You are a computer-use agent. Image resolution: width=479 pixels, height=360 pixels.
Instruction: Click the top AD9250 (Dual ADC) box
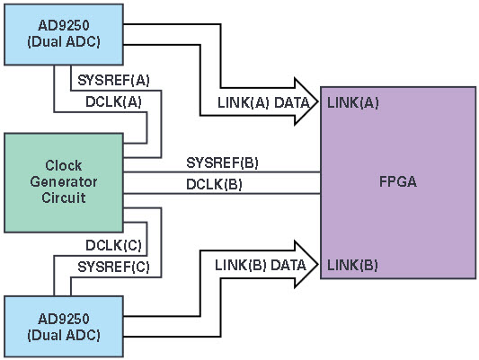coord(64,34)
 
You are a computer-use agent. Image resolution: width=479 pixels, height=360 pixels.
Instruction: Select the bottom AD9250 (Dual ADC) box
coord(64,327)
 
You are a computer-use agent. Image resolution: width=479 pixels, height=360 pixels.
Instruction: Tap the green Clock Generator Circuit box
coord(64,183)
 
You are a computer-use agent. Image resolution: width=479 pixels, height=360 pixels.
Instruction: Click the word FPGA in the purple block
coord(398,181)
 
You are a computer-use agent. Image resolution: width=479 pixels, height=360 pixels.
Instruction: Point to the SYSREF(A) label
coord(113,81)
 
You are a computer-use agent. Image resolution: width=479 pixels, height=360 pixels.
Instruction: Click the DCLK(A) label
coord(113,102)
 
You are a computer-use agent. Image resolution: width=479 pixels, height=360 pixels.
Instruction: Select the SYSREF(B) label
coord(222,162)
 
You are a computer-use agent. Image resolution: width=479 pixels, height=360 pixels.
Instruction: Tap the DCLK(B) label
coord(214,185)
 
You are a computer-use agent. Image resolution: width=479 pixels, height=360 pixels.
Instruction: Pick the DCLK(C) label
coord(113,246)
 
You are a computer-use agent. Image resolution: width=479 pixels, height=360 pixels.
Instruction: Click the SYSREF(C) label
coord(113,268)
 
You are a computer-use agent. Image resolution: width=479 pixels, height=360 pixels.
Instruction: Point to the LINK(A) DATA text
coord(263,103)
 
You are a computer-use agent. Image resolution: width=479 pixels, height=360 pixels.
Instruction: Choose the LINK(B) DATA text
coord(261,265)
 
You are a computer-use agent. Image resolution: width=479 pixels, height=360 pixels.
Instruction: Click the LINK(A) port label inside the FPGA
coord(353,103)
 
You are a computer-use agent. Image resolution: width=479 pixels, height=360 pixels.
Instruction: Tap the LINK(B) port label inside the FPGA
coord(352,265)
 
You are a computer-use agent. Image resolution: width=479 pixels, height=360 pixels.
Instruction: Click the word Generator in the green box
coord(64,182)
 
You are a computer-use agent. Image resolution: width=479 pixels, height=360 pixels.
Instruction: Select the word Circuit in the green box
coord(64,198)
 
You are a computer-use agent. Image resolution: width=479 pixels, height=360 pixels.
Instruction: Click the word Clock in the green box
coord(64,166)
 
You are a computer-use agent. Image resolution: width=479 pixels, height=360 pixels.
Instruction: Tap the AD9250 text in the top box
coord(64,25)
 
